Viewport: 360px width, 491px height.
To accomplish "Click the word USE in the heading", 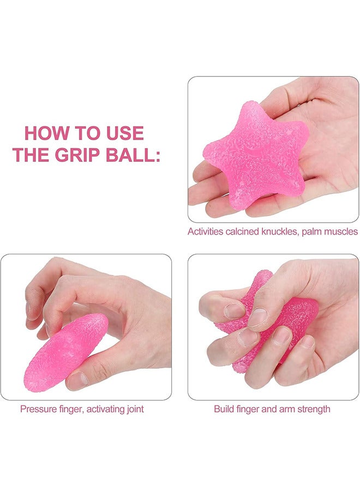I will [123, 133].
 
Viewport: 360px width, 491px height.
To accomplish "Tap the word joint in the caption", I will [134, 409].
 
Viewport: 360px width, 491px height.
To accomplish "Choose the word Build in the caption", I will [224, 409].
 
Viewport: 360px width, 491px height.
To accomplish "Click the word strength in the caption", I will [311, 409].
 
